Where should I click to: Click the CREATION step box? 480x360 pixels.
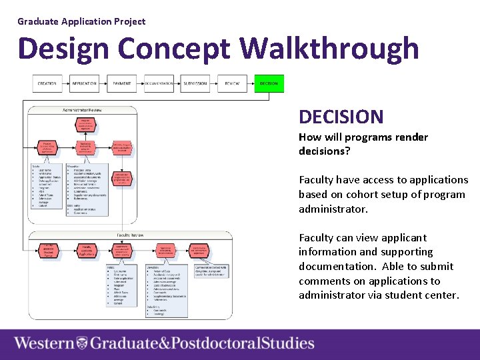point(47,84)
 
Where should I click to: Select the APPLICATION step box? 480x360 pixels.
point(85,84)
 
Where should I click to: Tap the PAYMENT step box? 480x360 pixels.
point(122,84)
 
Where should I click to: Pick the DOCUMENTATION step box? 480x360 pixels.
point(159,84)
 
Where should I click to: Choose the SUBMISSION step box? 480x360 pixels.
point(195,84)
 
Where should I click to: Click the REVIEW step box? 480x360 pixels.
point(232,84)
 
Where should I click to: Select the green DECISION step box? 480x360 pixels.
point(269,84)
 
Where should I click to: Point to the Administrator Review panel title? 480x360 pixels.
point(83,109)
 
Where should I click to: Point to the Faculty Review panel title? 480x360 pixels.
point(132,235)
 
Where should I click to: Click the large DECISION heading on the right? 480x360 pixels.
point(341,117)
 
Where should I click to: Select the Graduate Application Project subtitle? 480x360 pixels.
point(81,21)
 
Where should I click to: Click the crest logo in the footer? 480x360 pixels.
point(82,344)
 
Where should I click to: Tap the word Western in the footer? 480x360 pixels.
point(45,344)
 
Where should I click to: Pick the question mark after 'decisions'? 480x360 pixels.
point(348,151)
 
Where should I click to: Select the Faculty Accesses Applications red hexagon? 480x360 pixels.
point(86,251)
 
